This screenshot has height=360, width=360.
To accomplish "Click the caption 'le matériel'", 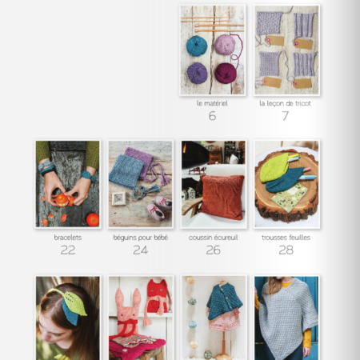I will [x=212, y=103].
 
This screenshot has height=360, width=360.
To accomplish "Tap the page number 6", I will [x=212, y=116].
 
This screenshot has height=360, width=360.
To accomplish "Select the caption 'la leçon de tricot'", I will [x=286, y=103].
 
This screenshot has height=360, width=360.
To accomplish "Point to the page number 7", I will [x=286, y=116].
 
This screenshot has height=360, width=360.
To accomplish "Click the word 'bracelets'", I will [x=67, y=238].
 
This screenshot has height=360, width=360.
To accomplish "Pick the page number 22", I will [x=67, y=250].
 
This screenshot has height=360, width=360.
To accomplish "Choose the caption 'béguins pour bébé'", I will [x=140, y=238].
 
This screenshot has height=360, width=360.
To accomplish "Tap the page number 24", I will [x=140, y=250].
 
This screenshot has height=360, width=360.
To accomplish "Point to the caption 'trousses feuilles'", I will [x=286, y=238].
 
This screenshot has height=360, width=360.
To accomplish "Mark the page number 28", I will [x=286, y=250].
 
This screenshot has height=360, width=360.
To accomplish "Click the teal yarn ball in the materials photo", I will [x=197, y=45].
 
